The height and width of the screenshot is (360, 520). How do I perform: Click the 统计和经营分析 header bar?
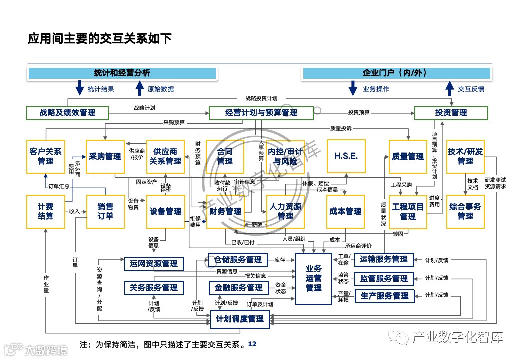point(122,73)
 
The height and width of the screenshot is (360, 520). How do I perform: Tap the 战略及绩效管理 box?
point(67,113)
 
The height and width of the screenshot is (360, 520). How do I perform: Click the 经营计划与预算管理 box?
point(261,113)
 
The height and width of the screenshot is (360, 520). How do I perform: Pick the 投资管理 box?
point(451,113)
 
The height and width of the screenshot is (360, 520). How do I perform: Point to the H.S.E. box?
point(346,156)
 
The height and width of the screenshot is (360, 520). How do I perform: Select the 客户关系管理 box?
point(45,156)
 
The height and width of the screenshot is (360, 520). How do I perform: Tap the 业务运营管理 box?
point(314,278)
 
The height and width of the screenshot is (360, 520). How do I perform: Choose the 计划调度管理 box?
point(240,319)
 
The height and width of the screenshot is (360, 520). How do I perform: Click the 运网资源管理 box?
point(154,263)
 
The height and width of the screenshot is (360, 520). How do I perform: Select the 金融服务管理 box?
point(239,288)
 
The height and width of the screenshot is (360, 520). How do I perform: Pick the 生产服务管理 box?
point(384,296)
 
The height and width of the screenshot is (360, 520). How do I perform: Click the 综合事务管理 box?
point(465,211)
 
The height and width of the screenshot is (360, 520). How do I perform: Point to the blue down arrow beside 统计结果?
point(79,89)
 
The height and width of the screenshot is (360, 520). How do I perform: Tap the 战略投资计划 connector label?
point(261,99)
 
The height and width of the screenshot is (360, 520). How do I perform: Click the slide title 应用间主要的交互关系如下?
point(100,38)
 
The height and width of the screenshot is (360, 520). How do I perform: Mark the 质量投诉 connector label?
point(341,128)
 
